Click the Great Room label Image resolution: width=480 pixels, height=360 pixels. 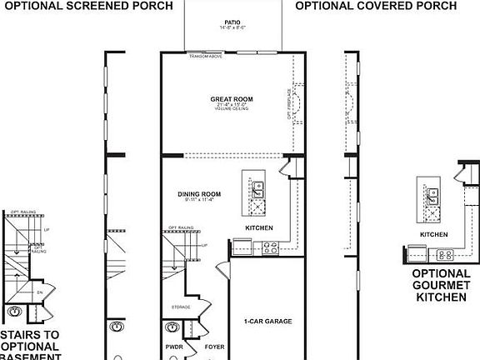[231, 99]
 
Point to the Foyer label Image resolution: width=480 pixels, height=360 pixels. [213, 346]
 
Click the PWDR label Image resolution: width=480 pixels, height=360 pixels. [174, 346]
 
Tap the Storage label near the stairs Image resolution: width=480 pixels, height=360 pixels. [181, 307]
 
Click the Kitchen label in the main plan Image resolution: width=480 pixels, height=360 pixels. [258, 227]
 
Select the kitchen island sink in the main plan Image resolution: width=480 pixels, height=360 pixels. [257, 195]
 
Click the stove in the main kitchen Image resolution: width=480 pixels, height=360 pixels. [271, 247]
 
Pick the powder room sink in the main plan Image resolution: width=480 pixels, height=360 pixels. [174, 327]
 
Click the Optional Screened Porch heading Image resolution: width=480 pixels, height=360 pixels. [87, 6]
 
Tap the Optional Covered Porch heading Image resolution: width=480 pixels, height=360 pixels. [376, 6]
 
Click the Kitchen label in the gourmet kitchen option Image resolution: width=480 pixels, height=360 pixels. [433, 235]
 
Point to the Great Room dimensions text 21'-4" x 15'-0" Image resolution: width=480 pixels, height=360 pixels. [231, 105]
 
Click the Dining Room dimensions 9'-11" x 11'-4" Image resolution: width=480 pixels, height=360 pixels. [199, 200]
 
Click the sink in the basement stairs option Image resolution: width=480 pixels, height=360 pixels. [15, 312]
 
